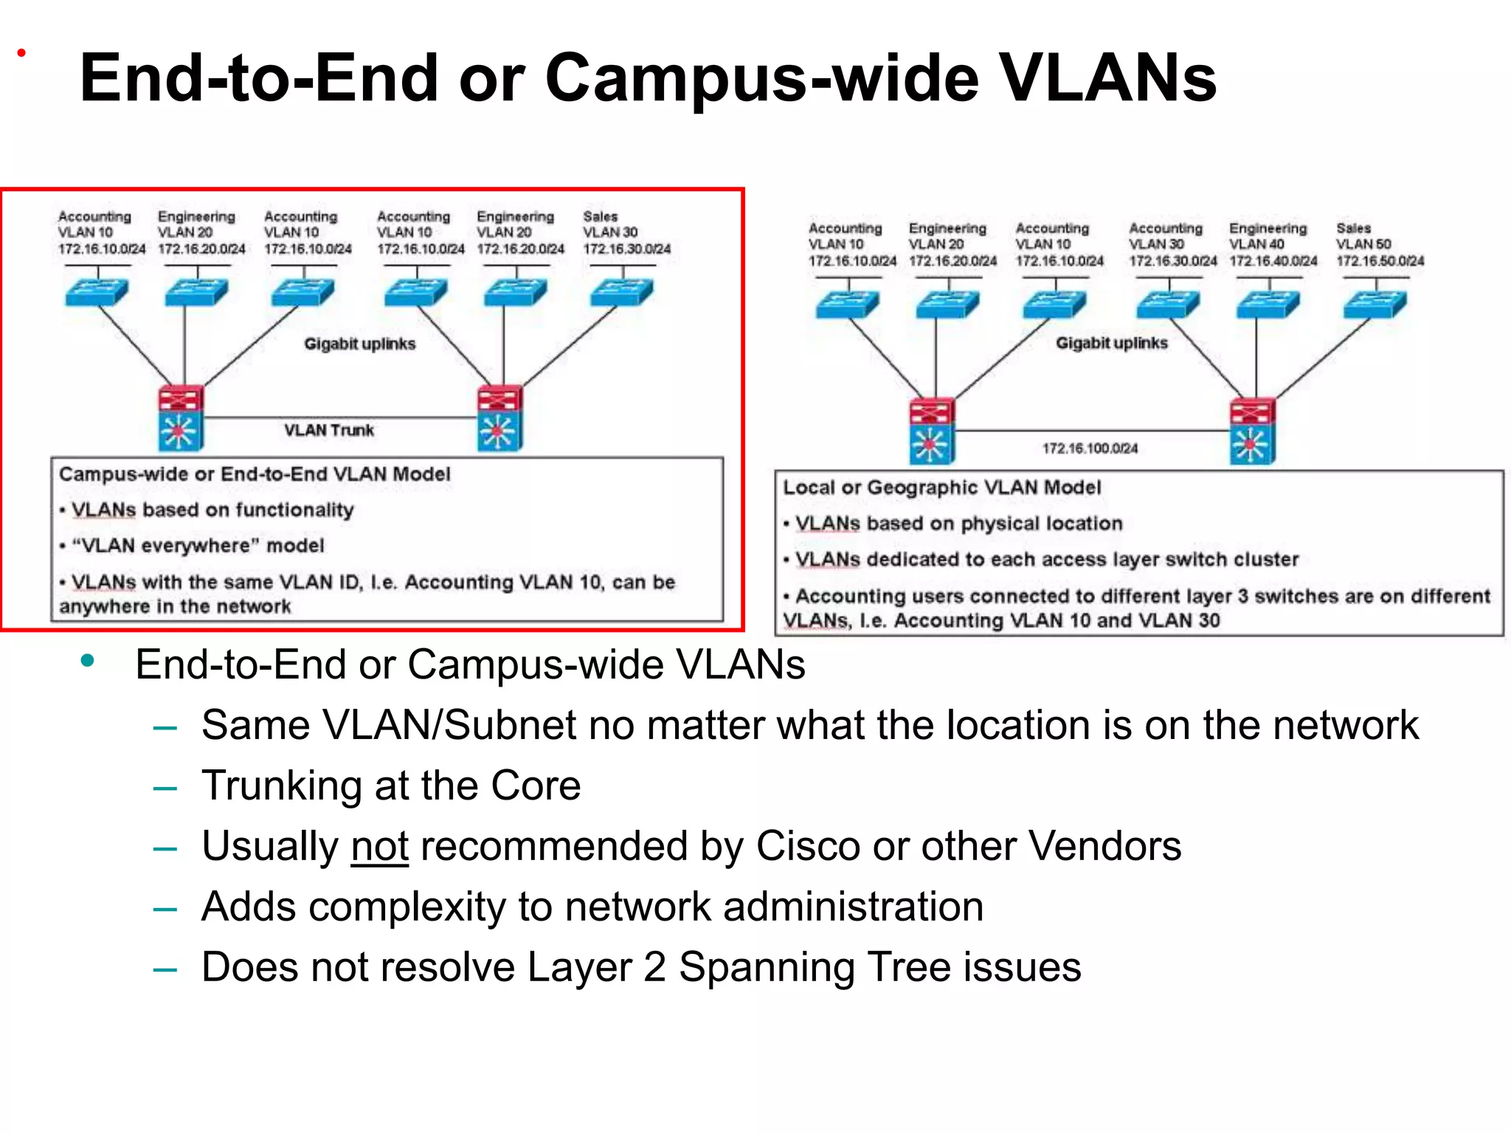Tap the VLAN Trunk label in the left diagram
[x=329, y=430]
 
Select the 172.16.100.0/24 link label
[x=1090, y=448]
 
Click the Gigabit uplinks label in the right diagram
[x=1111, y=343]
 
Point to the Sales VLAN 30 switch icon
[x=621, y=292]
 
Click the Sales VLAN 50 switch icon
[x=1375, y=304]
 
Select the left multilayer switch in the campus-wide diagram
[x=181, y=419]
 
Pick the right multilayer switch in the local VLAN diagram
[x=1252, y=431]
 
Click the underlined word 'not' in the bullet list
[x=379, y=846]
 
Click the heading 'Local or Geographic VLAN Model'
[x=941, y=487]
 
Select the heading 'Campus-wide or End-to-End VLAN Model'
[x=255, y=474]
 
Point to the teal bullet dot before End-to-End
[x=88, y=661]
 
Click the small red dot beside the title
[x=21, y=53]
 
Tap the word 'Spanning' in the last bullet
[x=767, y=967]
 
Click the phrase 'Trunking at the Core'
[x=391, y=786]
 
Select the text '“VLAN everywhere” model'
[x=198, y=546]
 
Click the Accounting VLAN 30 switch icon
[x=1168, y=304]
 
